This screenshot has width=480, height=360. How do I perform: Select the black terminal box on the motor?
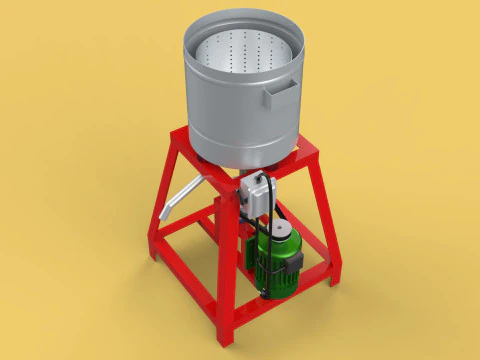point(295,262)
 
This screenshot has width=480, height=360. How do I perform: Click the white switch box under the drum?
point(255,193)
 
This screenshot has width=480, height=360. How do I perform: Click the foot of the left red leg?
point(155,256)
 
